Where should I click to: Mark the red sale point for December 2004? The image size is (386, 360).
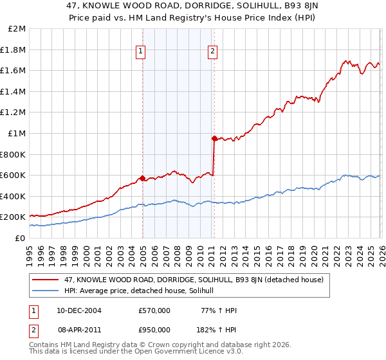point(142,178)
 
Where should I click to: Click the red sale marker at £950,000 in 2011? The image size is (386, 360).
point(214,138)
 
